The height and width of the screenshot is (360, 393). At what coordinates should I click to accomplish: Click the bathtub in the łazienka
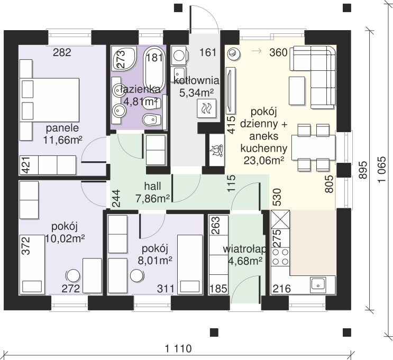pyautogui.click(x=154, y=69)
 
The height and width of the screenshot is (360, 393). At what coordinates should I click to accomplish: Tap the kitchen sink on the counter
pyautogui.click(x=318, y=285)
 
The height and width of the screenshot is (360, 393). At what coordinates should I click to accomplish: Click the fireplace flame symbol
pyautogui.click(x=216, y=150)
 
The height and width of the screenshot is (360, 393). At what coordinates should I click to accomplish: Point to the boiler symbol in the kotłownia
pyautogui.click(x=206, y=108)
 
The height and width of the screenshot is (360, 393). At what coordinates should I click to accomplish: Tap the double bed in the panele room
pyautogui.click(x=50, y=100)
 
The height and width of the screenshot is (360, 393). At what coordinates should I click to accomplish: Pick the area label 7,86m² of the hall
pyautogui.click(x=153, y=199)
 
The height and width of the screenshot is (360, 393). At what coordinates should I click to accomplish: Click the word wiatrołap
pyautogui.click(x=245, y=249)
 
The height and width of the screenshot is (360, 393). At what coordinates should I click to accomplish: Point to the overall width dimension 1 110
pyautogui.click(x=178, y=348)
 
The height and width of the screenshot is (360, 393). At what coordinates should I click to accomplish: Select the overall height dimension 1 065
pyautogui.click(x=382, y=170)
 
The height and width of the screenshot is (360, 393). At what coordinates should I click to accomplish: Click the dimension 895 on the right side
pyautogui.click(x=363, y=170)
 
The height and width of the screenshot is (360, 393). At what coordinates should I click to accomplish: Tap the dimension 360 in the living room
pyautogui.click(x=278, y=53)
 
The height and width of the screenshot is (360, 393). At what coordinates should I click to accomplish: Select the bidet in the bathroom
pyautogui.click(x=152, y=119)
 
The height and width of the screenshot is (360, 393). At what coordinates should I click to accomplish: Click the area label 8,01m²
pyautogui.click(x=155, y=261)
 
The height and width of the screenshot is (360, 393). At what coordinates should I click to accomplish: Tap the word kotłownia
pyautogui.click(x=196, y=81)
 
